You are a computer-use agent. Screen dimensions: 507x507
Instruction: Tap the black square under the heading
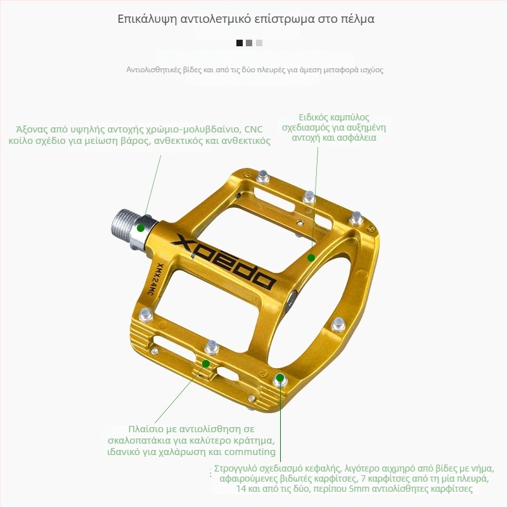[x=240, y=43]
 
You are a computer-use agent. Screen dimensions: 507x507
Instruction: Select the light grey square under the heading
[x=259, y=43]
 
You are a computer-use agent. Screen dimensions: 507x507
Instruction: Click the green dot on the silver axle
[x=140, y=228]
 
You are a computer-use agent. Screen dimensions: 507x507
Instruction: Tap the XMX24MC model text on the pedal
[x=156, y=279]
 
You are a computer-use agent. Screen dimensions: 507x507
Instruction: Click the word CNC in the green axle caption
[x=253, y=130]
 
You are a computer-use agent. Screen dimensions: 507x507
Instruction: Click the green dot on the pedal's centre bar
[x=311, y=258]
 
